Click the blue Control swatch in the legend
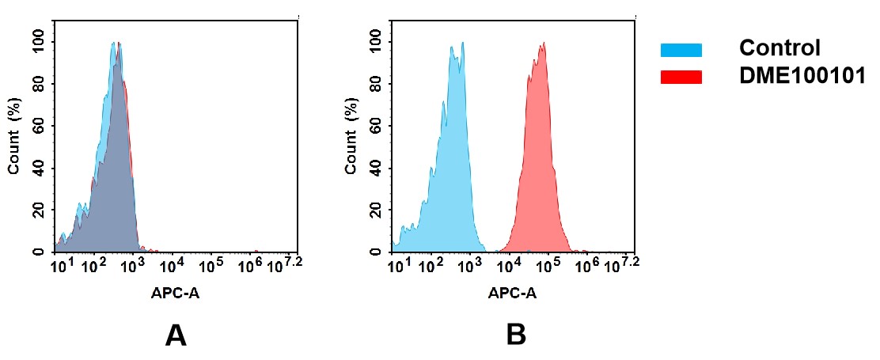[681, 50]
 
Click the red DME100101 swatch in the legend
[681, 77]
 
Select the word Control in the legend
[779, 48]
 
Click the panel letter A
[175, 336]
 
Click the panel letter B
[516, 336]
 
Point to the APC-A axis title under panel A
[176, 294]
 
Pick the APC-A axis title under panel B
[512, 294]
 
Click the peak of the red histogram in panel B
[543, 44]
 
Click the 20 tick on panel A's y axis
[40, 210]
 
